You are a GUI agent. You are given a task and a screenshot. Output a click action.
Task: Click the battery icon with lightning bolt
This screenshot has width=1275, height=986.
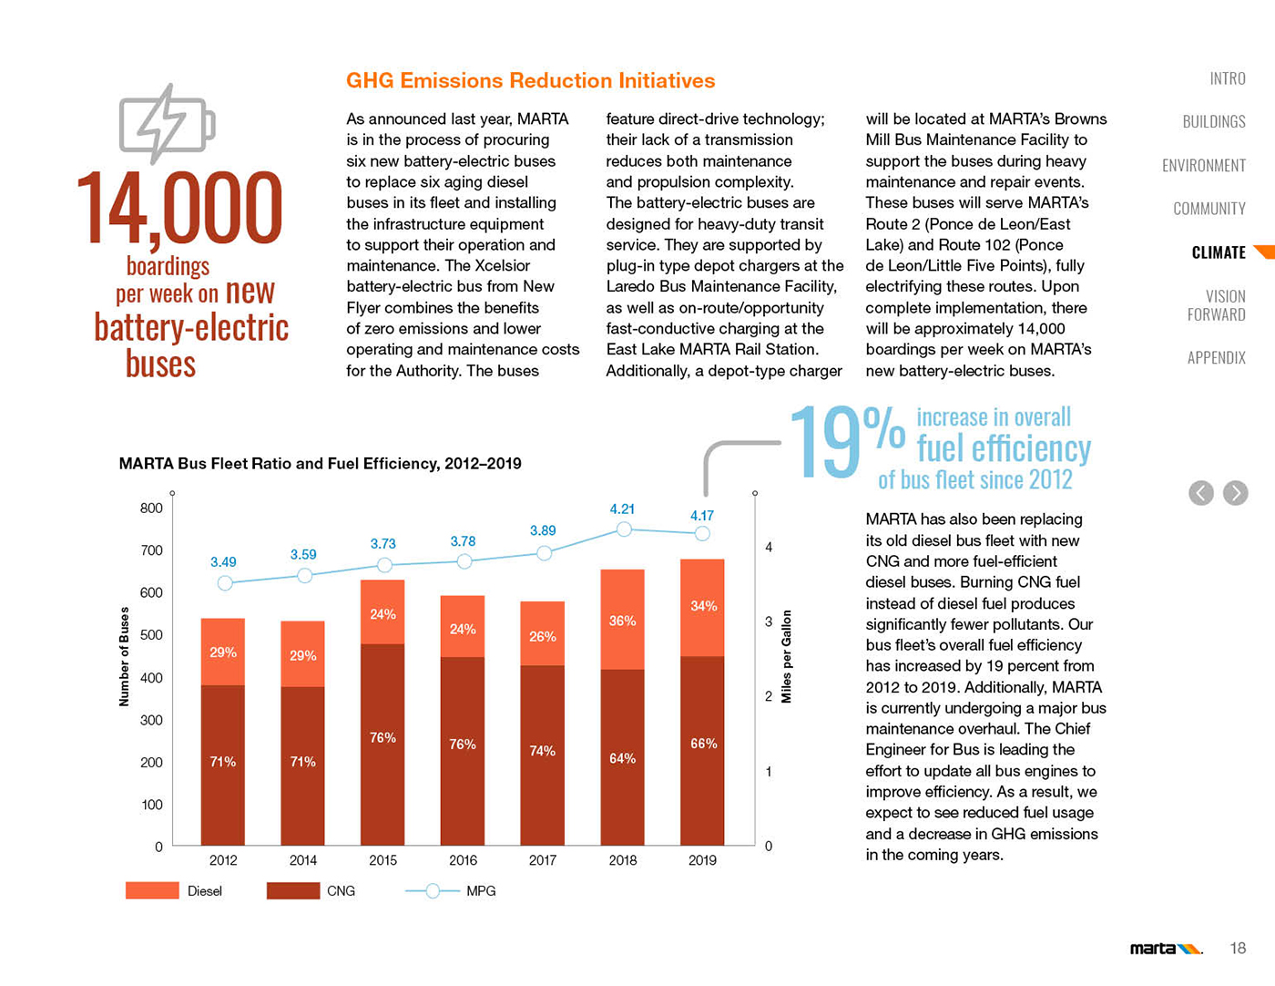[167, 124]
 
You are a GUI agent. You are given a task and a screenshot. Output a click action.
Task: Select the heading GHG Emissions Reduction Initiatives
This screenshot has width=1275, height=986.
[530, 80]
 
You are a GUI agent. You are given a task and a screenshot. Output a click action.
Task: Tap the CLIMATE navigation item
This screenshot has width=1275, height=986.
[1218, 252]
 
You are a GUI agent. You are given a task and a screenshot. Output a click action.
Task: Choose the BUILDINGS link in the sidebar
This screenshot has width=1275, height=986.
[1213, 121]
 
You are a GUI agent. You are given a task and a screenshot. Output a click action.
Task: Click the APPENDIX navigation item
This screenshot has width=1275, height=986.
[1216, 357]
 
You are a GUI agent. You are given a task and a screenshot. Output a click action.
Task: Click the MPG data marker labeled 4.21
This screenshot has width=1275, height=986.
[624, 529]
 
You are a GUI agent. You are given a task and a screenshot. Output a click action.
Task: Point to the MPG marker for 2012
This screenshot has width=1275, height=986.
[225, 583]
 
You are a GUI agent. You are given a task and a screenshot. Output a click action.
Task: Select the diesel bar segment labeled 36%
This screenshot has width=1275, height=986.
[623, 620]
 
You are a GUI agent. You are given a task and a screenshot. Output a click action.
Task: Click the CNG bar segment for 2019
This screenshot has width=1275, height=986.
[702, 750]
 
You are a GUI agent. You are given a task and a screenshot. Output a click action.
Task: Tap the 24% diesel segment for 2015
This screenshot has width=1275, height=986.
[382, 612]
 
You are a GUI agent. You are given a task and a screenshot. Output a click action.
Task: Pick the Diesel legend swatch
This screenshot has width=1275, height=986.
[152, 890]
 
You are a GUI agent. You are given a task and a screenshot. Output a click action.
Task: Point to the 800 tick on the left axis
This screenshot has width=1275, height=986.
[151, 508]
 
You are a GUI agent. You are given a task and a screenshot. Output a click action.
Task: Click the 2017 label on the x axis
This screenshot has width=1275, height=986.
[542, 860]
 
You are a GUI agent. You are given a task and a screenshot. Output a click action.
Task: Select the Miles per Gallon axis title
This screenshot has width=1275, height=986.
[787, 656]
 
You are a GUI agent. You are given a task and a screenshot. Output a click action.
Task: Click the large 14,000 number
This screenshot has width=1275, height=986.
[179, 209]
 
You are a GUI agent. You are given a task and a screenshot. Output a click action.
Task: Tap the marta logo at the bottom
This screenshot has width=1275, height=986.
[1165, 949]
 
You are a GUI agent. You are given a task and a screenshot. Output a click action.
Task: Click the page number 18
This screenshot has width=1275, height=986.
[1237, 949]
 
